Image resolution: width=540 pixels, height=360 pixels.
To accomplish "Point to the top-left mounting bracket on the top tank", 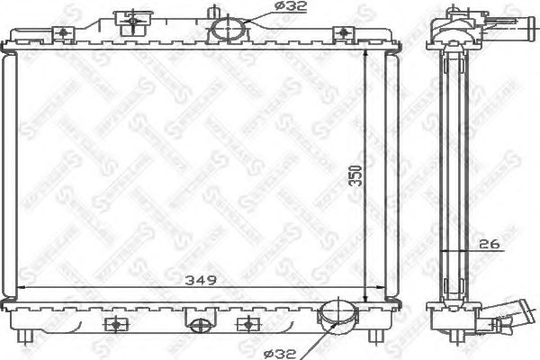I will (65, 33).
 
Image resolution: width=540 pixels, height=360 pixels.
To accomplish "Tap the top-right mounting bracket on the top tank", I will (341, 33).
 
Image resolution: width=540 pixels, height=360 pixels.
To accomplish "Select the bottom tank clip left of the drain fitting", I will (114, 323).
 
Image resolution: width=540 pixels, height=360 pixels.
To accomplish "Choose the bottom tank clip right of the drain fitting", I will (244, 323).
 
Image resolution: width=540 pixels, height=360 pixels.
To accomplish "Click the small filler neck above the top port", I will (220, 12).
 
